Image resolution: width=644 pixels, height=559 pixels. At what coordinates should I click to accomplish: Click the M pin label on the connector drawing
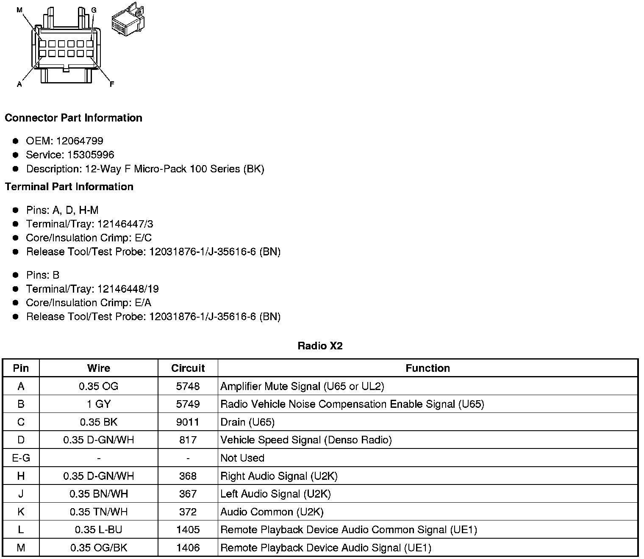coord(19,10)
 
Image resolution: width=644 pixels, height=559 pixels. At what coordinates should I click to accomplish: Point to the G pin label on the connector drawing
coord(94,10)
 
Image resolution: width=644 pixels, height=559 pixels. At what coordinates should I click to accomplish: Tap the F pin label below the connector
coord(112,84)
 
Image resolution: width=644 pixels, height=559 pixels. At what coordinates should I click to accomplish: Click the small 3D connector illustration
coord(127,20)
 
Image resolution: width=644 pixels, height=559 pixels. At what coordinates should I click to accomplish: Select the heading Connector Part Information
coord(73,118)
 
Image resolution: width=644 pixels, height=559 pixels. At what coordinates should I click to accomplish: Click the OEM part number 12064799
coord(80,141)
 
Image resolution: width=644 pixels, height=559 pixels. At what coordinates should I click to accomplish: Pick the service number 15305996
coord(91,155)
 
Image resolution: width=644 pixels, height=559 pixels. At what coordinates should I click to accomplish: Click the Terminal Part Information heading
coord(69,187)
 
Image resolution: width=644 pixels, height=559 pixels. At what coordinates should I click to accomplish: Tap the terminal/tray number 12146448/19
coord(128,289)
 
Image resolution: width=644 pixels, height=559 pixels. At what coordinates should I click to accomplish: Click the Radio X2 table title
coord(320,346)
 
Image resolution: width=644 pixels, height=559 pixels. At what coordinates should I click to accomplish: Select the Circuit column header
coord(188,368)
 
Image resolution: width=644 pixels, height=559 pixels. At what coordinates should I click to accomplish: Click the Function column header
coord(427,368)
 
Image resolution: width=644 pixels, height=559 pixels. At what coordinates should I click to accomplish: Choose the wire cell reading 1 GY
coord(99,404)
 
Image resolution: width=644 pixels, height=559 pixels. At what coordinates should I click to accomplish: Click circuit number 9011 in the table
coord(188,422)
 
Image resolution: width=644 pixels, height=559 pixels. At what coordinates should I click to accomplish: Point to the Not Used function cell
coord(242,458)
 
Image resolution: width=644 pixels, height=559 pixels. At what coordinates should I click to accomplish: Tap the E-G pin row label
coord(21,458)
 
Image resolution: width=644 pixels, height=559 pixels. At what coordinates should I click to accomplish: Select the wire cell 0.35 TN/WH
coord(99,512)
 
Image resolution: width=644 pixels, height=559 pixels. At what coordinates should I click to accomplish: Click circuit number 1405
coord(188,530)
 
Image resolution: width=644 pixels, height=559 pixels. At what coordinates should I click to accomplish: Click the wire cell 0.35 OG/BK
coord(99,548)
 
